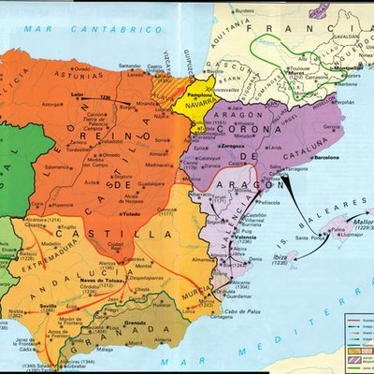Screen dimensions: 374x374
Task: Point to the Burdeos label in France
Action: [245, 11]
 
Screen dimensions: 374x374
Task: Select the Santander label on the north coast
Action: [131, 67]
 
